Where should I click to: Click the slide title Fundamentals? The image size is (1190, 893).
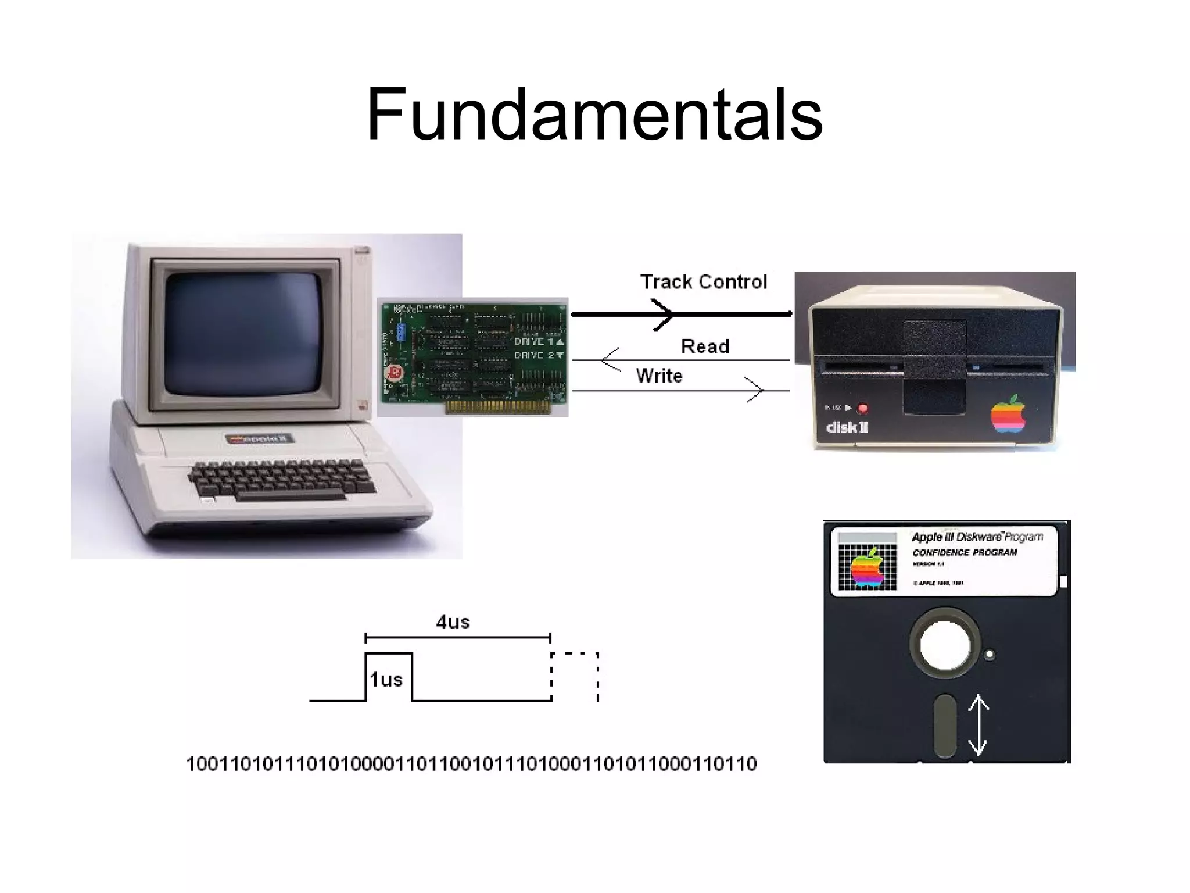594,115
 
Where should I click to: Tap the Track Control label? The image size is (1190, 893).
703,282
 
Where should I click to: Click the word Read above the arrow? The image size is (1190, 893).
705,347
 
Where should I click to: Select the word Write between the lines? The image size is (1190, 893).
659,376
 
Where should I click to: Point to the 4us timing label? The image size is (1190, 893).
453,622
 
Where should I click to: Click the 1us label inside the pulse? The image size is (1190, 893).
386,679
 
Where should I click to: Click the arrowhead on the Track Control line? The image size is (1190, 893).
662,315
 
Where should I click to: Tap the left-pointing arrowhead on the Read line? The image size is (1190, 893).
610,360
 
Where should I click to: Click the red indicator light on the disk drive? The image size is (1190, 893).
862,408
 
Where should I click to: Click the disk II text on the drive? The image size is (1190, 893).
847,428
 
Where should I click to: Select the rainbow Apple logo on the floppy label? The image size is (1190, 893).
867,567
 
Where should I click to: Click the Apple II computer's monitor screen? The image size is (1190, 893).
244,333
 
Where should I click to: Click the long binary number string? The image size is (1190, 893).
471,763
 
